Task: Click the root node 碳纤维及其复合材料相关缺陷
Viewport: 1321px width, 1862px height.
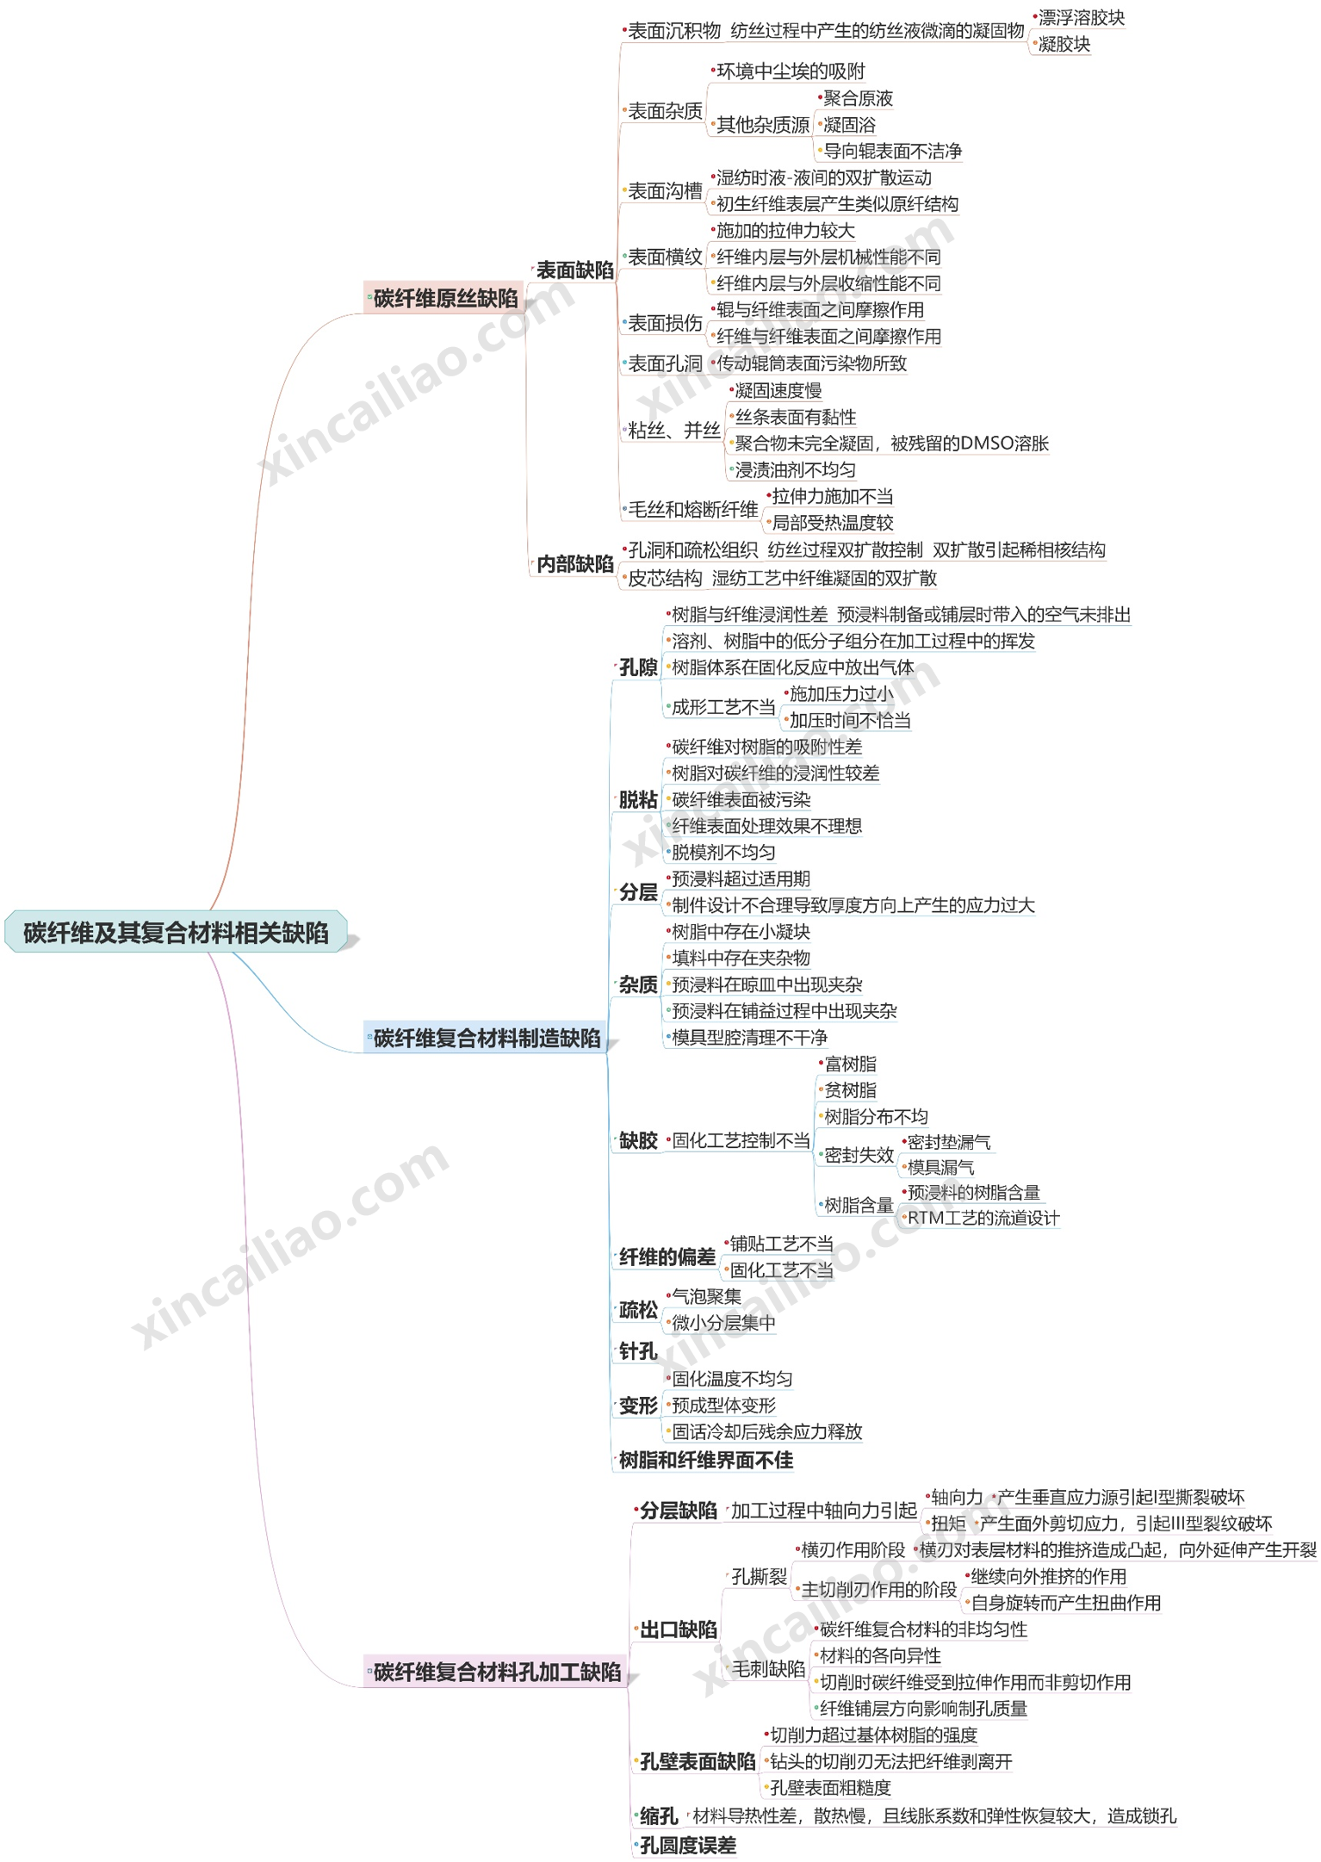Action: pos(176,933)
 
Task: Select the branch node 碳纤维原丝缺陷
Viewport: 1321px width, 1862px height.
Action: pos(445,299)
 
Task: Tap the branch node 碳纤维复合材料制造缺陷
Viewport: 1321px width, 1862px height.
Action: pos(487,1039)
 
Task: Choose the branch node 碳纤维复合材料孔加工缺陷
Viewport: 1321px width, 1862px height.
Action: pos(497,1673)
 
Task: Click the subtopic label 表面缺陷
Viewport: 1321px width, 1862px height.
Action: pos(574,270)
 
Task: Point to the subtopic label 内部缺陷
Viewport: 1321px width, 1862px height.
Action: pos(574,564)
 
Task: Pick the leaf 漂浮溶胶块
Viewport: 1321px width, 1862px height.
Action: pos(1081,18)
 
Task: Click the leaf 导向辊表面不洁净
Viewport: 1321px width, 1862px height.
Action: pos(892,152)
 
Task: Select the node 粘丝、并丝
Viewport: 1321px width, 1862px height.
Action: pos(673,431)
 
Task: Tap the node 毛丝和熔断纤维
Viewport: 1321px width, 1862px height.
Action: pos(692,510)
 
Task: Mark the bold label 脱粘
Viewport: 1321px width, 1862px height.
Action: pos(638,800)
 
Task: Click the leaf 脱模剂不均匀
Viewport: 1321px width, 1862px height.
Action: pos(723,853)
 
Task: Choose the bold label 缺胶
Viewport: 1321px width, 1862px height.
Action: pos(638,1141)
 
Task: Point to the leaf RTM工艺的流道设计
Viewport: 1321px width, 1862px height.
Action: pos(983,1218)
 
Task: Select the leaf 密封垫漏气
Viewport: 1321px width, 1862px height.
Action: pos(949,1143)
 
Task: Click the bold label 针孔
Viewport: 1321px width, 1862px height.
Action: pos(638,1351)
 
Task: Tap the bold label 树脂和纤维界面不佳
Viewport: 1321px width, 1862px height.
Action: pos(706,1460)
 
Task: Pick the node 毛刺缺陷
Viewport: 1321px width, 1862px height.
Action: pos(768,1669)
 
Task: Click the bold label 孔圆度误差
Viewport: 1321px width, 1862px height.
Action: pos(688,1845)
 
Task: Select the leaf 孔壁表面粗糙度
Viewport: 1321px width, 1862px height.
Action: pos(830,1788)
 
